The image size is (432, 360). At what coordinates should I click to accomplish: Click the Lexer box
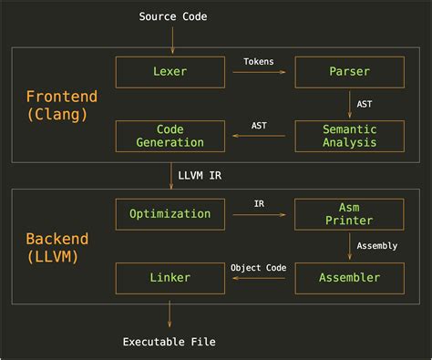[170, 72]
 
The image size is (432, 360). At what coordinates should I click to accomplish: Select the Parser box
[350, 72]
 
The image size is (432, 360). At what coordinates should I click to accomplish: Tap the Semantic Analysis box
[350, 136]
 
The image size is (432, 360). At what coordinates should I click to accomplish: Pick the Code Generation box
[170, 136]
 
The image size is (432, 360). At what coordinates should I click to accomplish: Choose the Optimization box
[170, 214]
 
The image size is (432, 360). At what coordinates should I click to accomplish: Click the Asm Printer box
[350, 214]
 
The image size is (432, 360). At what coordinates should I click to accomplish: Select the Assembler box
[350, 277]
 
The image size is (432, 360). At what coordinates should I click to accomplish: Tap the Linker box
[170, 277]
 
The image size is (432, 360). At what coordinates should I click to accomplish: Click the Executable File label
[170, 343]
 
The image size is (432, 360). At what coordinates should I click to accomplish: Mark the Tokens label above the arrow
[259, 62]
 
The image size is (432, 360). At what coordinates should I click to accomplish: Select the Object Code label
[258, 267]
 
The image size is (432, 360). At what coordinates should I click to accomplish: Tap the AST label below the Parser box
[365, 104]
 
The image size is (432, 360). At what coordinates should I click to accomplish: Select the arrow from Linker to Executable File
[170, 311]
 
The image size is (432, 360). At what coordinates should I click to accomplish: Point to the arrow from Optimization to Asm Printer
[259, 214]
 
